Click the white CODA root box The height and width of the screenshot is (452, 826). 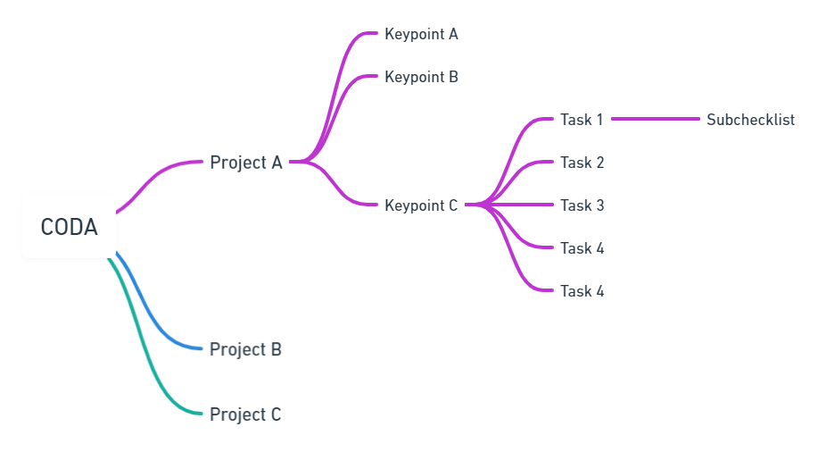(x=69, y=226)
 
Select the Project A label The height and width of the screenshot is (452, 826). (x=246, y=163)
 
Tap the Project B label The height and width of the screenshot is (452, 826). (x=245, y=349)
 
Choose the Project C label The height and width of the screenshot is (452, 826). (x=245, y=414)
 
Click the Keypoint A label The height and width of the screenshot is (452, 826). (x=421, y=34)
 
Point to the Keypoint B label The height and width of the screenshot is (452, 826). (x=421, y=77)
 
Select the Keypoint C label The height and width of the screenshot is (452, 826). (x=421, y=205)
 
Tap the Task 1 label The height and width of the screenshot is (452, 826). (x=582, y=120)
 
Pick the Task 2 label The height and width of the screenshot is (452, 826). (x=582, y=163)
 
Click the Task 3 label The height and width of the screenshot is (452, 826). (x=582, y=205)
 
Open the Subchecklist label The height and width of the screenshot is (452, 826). (x=750, y=120)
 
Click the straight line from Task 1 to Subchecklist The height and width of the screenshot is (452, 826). (x=656, y=119)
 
